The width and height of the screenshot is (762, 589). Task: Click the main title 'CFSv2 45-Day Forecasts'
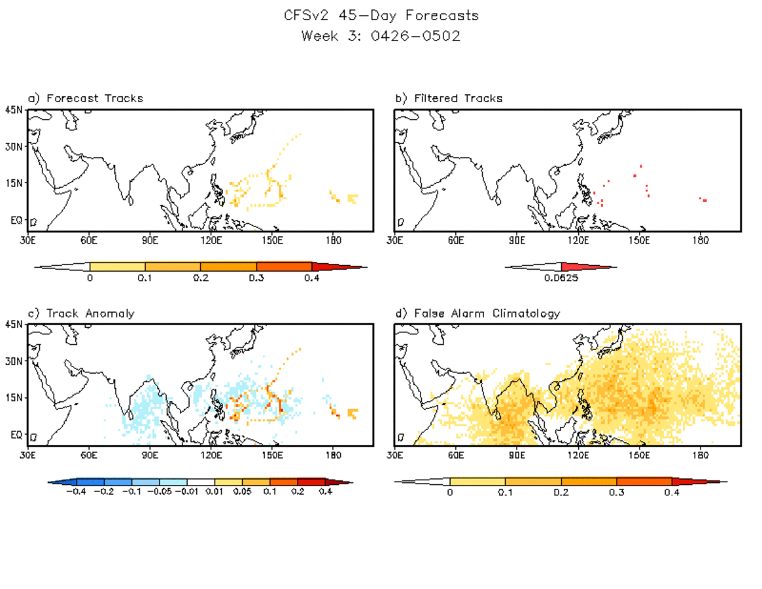coord(381,15)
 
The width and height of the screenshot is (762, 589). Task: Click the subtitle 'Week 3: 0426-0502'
coord(381,36)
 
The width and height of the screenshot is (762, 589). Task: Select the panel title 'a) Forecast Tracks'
coord(85,98)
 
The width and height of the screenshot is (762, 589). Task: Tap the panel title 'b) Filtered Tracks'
coord(449,98)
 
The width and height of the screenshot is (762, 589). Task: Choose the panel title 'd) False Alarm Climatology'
coord(477,313)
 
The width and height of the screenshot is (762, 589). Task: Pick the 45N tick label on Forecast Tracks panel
coord(14,110)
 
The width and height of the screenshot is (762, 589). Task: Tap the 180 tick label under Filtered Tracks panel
coord(701,240)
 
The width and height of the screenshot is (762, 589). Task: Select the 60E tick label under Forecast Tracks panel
coord(88,240)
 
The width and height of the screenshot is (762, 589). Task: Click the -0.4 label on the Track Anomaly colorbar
coord(76,491)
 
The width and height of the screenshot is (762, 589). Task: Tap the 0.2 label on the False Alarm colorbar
coord(561,493)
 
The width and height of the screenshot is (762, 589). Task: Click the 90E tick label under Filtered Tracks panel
coord(517,240)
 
